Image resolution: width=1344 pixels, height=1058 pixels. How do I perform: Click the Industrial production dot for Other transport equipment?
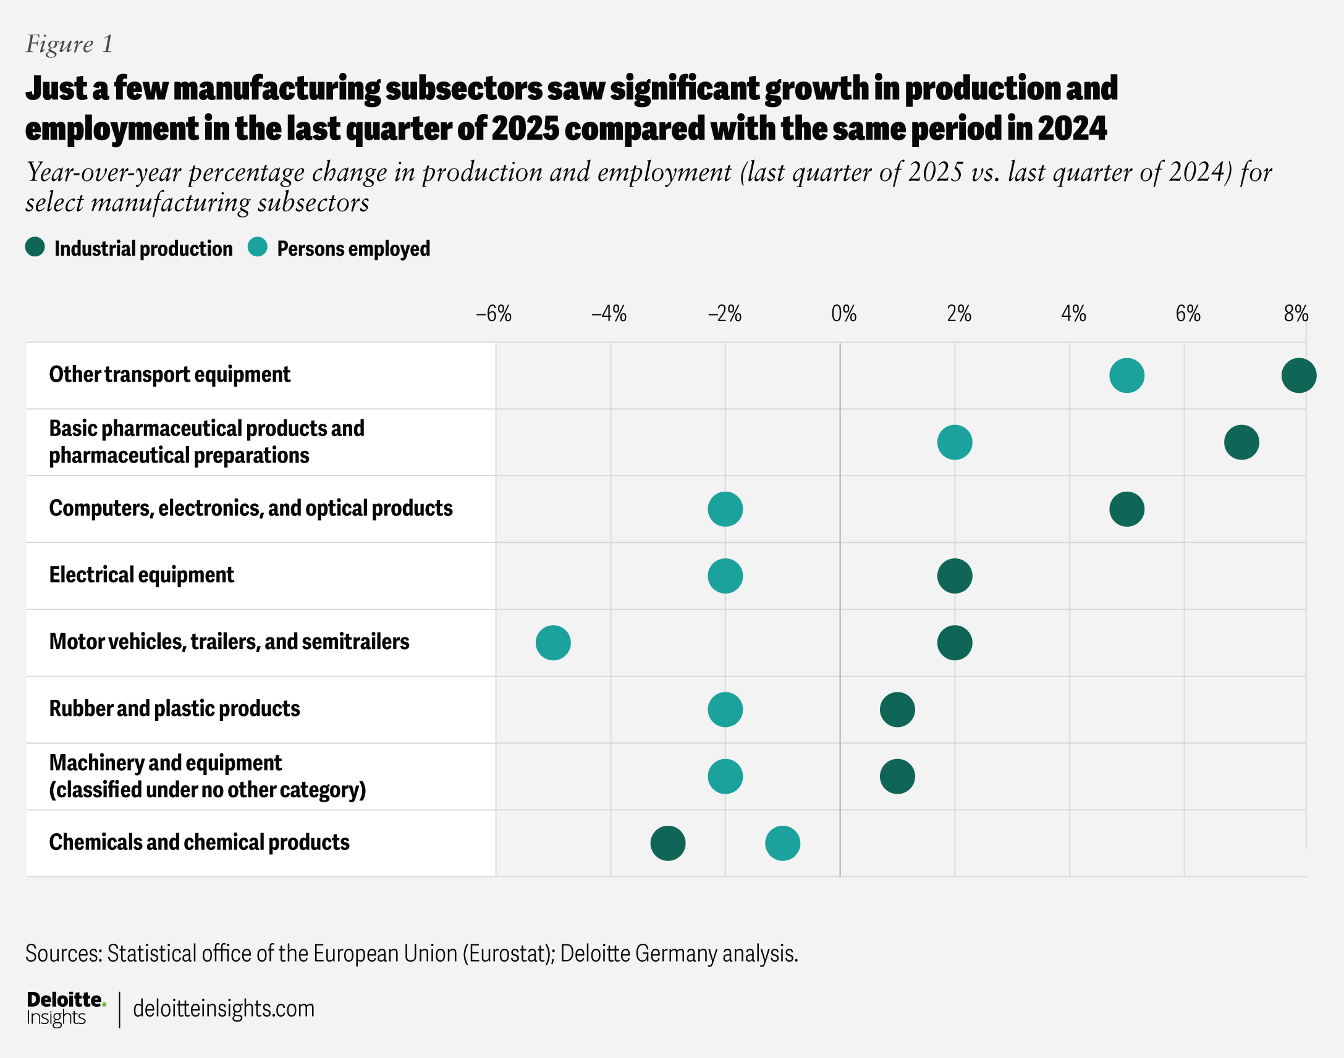click(1298, 376)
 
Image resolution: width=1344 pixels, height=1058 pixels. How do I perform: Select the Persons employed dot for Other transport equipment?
click(1126, 376)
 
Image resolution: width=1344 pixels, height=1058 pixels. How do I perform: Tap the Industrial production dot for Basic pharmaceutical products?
click(1241, 442)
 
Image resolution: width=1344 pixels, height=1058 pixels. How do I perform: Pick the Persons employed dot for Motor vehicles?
click(552, 642)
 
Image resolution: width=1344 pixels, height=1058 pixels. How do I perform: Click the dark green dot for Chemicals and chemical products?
click(667, 843)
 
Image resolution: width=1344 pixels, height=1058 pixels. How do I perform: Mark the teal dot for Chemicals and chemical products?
click(782, 843)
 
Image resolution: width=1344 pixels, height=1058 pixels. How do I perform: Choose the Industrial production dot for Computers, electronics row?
click(1126, 509)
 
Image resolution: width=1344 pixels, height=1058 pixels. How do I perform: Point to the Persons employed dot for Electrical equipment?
click(725, 576)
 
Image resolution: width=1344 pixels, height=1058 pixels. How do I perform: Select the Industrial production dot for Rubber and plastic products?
click(897, 709)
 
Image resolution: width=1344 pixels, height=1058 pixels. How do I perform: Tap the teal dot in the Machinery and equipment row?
click(725, 776)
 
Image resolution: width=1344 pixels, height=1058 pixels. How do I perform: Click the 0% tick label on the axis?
click(843, 314)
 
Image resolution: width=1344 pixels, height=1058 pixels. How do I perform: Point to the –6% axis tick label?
click(493, 314)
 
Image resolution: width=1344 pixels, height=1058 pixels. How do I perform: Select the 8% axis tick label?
click(1296, 314)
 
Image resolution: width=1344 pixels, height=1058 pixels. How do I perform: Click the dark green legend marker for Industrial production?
click(35, 247)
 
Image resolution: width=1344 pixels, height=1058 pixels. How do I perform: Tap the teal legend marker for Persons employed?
click(257, 247)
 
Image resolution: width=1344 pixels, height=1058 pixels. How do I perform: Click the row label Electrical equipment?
click(142, 575)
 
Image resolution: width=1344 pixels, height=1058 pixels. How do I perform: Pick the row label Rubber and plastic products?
click(174, 708)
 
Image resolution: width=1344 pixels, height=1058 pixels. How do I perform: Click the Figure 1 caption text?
click(69, 44)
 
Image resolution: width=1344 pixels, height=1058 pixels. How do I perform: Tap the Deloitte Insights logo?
click(65, 1008)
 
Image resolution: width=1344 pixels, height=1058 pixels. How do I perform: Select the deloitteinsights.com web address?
click(224, 1009)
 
